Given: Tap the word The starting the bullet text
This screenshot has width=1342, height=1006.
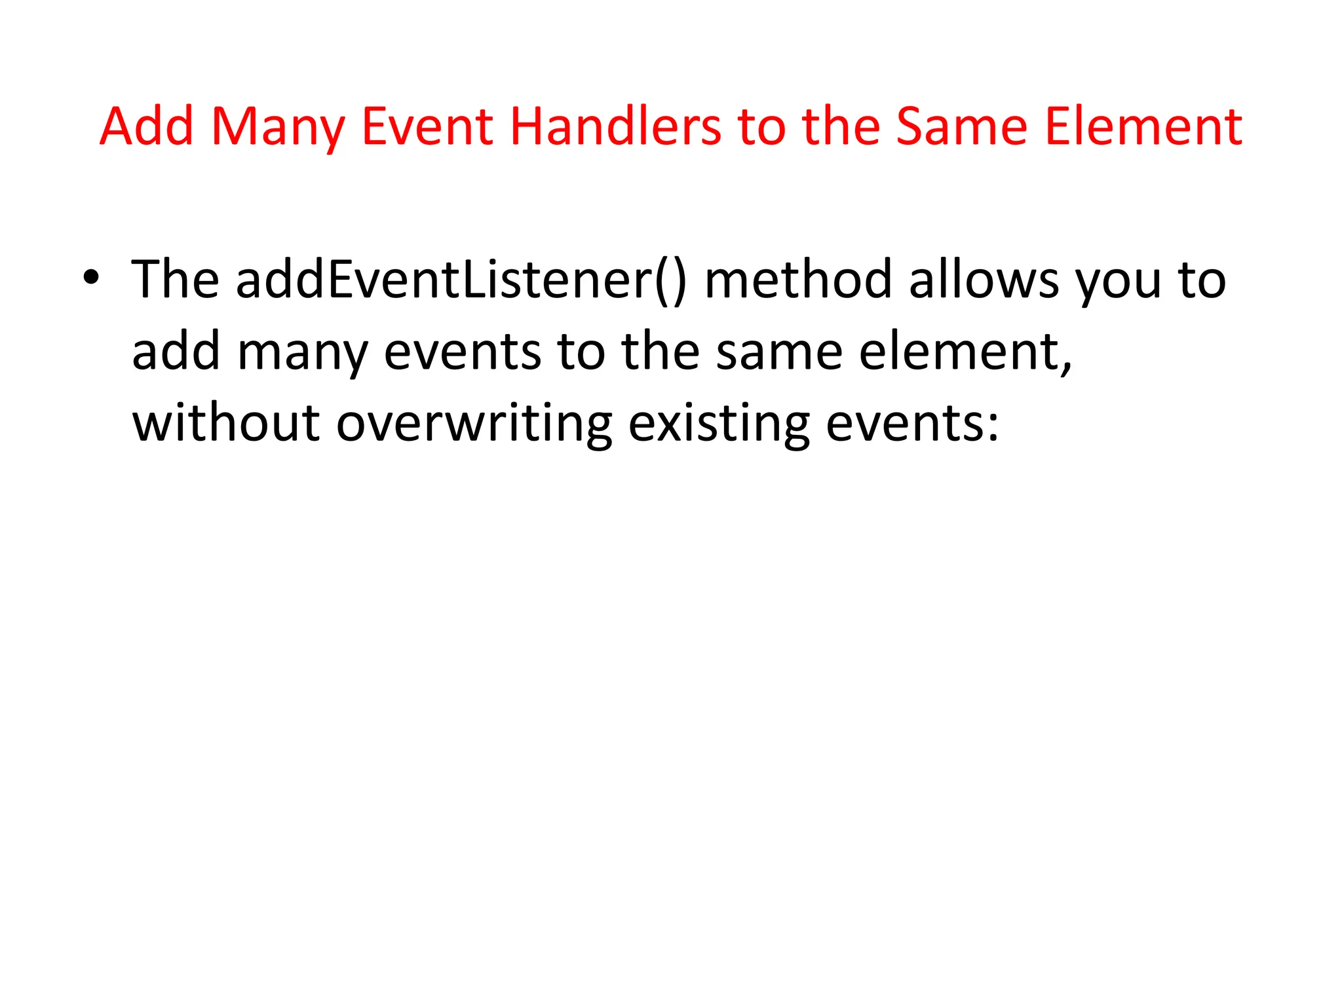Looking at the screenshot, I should pyautogui.click(x=175, y=280).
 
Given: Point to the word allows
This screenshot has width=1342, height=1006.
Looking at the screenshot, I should pyautogui.click(x=984, y=280).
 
